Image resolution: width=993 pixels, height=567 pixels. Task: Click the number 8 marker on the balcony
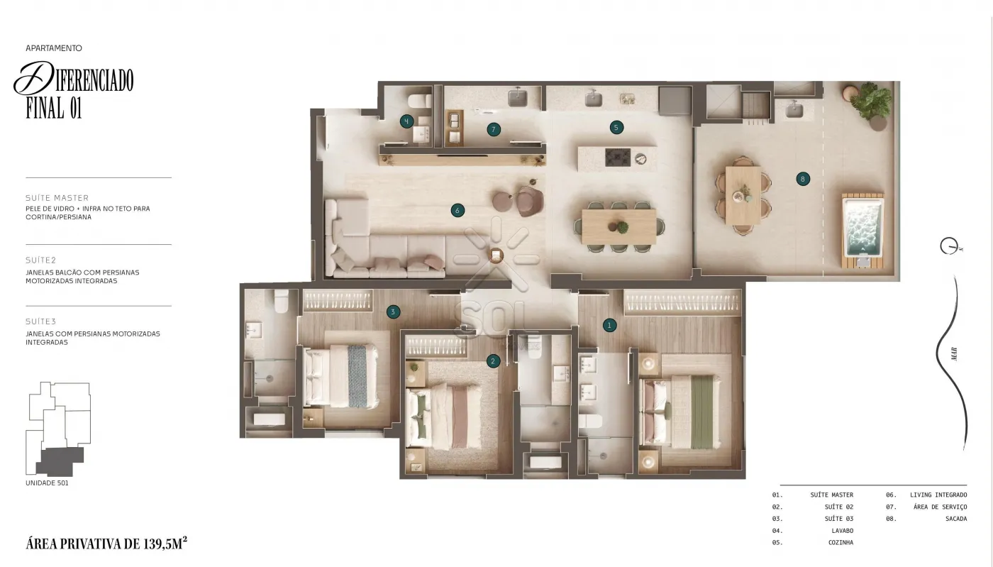[x=803, y=180]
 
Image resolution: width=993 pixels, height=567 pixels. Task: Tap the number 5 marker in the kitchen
[x=616, y=128]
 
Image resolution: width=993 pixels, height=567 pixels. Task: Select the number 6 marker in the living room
[x=457, y=210]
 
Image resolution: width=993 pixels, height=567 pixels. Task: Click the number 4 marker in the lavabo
[x=406, y=121]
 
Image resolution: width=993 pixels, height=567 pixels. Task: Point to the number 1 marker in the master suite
[x=609, y=325]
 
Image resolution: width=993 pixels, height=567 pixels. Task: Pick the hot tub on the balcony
[x=862, y=231]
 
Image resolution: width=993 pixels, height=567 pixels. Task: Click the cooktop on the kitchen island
[x=618, y=158]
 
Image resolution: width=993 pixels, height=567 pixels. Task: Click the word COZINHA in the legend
[x=841, y=542]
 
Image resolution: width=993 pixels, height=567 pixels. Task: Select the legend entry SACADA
[x=956, y=518]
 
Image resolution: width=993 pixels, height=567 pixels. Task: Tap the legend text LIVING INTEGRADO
[x=938, y=495]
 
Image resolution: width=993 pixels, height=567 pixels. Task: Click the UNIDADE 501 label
[x=47, y=483]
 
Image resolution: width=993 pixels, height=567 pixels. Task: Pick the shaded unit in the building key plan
[x=60, y=461]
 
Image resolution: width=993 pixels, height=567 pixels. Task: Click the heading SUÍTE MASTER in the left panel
[x=57, y=198]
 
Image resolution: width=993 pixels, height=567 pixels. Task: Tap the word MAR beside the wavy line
[x=954, y=353]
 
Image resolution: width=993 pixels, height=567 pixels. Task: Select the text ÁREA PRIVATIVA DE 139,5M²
[x=106, y=543]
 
